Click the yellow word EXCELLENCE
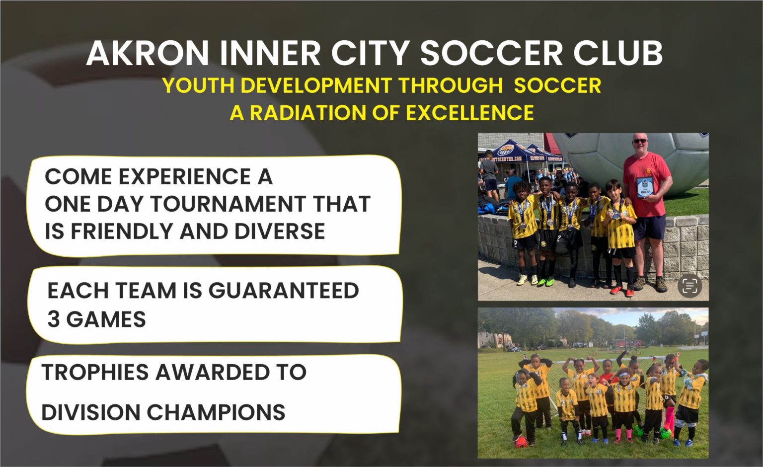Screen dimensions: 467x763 (470, 113)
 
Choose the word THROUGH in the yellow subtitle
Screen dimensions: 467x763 (450, 85)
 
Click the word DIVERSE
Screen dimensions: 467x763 (280, 231)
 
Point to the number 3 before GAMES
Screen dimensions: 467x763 (53, 319)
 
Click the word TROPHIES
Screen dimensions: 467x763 (95, 372)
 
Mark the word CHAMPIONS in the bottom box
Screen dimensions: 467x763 (216, 412)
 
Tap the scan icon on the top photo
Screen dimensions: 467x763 (689, 286)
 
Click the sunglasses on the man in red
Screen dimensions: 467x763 (640, 141)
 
